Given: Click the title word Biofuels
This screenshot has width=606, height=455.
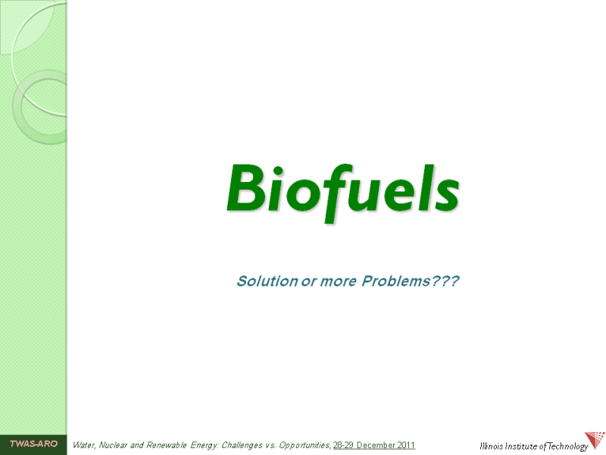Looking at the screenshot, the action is point(343,193).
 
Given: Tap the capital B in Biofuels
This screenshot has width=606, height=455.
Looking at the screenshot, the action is point(247,188).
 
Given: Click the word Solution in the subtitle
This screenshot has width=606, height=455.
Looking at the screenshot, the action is point(267,281).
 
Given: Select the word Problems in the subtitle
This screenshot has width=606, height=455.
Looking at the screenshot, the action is point(395,281).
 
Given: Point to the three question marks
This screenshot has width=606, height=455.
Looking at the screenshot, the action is point(445,281).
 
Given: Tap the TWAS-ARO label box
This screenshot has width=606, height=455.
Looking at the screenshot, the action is point(33,444).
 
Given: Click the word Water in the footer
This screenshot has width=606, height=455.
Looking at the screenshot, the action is point(84,445).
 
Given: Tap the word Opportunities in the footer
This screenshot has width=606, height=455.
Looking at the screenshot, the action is point(305,446).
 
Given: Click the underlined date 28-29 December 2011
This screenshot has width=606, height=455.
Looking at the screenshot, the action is point(374,445).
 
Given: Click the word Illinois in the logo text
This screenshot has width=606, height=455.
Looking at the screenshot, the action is point(491,446).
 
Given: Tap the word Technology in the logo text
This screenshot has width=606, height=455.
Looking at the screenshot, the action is point(567,447).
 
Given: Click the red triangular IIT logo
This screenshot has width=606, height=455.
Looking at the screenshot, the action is point(595,441).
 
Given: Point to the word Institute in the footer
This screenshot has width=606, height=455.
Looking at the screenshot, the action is point(520,446).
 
